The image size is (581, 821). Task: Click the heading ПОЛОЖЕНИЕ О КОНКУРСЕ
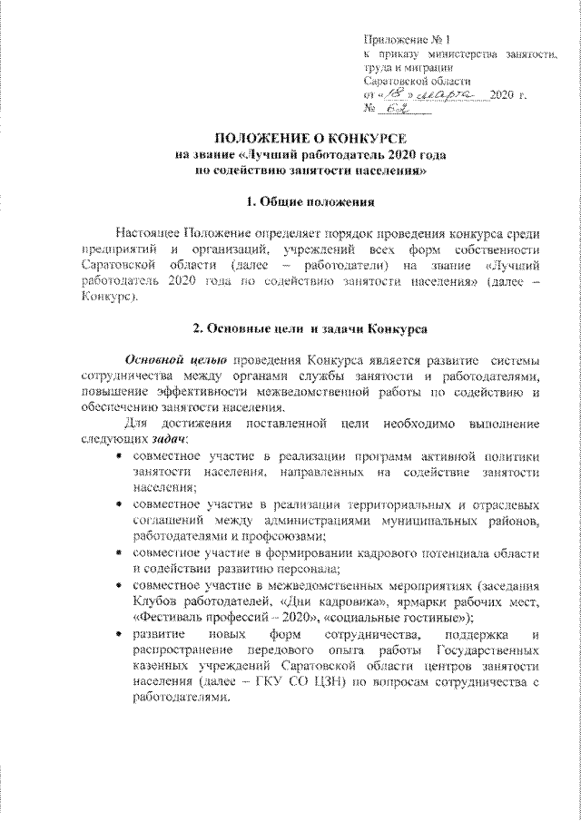click(x=290, y=138)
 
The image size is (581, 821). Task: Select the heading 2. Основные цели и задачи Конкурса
click(x=290, y=326)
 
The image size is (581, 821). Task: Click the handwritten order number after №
click(x=395, y=109)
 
